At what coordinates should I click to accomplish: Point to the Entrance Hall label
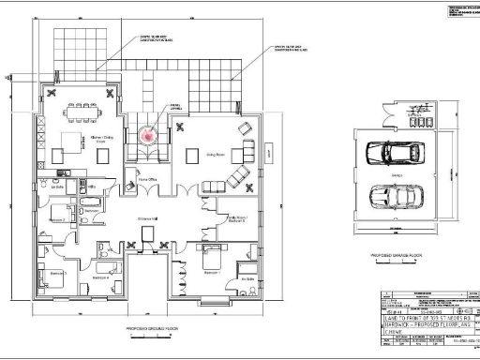(149, 217)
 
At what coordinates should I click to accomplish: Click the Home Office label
(147, 176)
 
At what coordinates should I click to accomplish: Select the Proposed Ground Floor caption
(153, 329)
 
